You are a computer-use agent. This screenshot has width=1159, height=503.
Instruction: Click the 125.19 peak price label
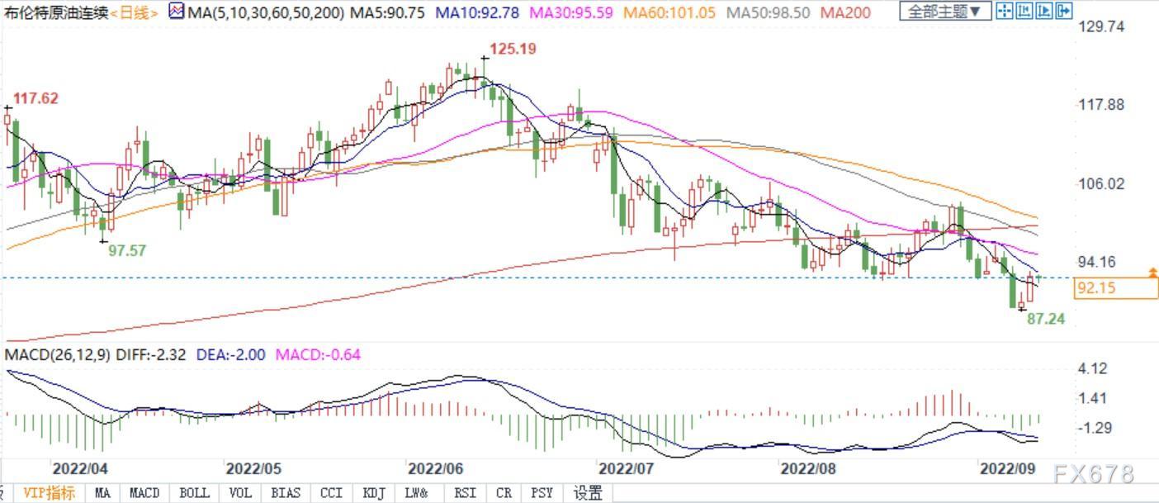(x=513, y=49)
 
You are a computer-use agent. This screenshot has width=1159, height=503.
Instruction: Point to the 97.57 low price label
(x=127, y=250)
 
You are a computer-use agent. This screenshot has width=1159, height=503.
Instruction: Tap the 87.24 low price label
(x=1046, y=318)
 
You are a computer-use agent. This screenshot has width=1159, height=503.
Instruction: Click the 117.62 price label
(x=35, y=97)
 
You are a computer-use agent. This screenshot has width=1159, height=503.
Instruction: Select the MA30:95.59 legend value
(x=571, y=12)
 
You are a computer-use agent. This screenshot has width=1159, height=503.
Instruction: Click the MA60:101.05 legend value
(x=669, y=12)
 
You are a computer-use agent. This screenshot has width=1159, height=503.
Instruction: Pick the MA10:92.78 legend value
(x=477, y=12)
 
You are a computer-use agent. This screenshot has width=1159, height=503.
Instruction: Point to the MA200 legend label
(x=845, y=12)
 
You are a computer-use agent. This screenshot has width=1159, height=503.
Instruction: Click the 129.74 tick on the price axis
(x=1101, y=26)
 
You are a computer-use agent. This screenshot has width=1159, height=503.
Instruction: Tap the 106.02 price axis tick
(x=1101, y=183)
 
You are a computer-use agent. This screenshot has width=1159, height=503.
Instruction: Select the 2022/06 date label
(x=435, y=468)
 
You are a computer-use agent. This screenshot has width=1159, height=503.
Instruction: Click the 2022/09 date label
(x=1007, y=468)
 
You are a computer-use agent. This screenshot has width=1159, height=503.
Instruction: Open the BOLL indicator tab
(x=194, y=492)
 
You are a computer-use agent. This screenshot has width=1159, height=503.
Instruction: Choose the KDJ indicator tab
(x=374, y=492)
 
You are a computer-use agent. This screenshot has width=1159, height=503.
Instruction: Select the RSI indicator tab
(x=465, y=492)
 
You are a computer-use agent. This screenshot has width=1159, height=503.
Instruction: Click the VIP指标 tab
(x=50, y=492)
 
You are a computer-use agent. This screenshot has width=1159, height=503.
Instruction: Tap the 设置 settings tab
(x=587, y=492)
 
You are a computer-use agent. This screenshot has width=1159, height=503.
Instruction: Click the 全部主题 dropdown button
(x=945, y=11)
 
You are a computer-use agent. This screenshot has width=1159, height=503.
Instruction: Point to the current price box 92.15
(x=1115, y=287)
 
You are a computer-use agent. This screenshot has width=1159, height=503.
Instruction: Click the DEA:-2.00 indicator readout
(x=231, y=354)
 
